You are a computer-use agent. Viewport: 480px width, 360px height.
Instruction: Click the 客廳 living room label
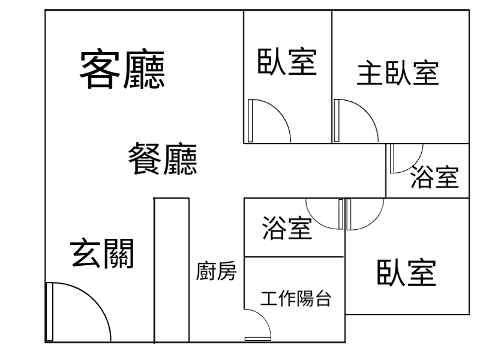click(122, 69)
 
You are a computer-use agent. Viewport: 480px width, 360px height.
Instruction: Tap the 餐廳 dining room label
click(163, 158)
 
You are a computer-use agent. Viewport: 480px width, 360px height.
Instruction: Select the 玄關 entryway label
click(102, 253)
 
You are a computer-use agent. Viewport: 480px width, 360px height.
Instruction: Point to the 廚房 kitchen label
click(216, 271)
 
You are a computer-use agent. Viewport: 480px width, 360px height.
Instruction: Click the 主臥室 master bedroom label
click(398, 73)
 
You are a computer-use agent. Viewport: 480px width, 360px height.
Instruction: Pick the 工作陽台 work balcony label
click(296, 298)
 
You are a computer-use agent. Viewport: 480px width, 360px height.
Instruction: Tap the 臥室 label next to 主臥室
click(287, 61)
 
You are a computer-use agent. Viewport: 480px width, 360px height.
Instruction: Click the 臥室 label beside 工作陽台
click(407, 273)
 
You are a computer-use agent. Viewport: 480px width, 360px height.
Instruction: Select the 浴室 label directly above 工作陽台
click(287, 228)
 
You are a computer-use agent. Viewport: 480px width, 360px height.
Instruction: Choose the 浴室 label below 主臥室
click(434, 176)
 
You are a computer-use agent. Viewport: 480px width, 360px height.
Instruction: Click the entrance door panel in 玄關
click(49, 311)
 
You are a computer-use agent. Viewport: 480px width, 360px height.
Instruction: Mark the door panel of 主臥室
click(337, 121)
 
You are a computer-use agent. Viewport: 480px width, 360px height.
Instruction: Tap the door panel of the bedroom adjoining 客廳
click(250, 121)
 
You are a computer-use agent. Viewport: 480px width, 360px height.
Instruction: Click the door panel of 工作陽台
click(258, 338)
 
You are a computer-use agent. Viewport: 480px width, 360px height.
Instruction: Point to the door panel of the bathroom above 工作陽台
click(341, 214)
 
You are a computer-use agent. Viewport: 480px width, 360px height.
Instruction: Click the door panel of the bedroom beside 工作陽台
click(349, 214)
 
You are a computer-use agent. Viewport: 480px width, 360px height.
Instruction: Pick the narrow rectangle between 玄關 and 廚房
click(172, 270)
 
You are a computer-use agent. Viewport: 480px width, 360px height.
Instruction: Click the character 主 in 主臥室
click(370, 73)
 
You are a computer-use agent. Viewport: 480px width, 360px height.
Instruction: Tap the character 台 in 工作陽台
click(323, 298)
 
